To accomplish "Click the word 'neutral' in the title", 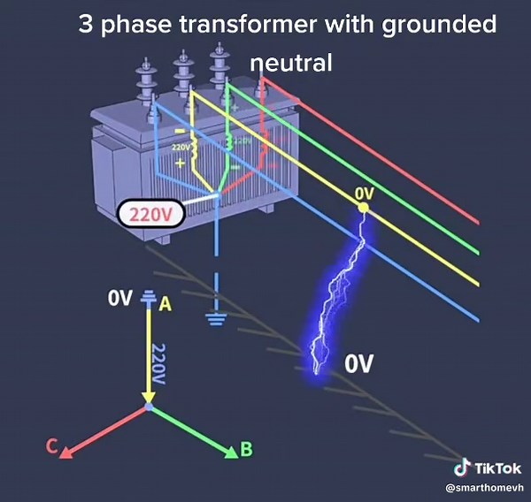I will coord(290,63).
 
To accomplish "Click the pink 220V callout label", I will coord(150,214).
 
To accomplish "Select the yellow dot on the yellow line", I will coord(363,207).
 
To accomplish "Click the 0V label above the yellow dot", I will coord(364,192).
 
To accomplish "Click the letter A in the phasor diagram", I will coord(164,303).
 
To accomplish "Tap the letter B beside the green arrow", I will coord(246,450).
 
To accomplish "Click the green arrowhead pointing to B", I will coord(232,453).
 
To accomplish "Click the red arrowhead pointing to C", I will coord(67,452).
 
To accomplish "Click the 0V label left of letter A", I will coord(119,298).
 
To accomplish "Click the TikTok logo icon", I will coord(460,468).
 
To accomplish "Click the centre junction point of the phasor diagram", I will coord(149,407).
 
